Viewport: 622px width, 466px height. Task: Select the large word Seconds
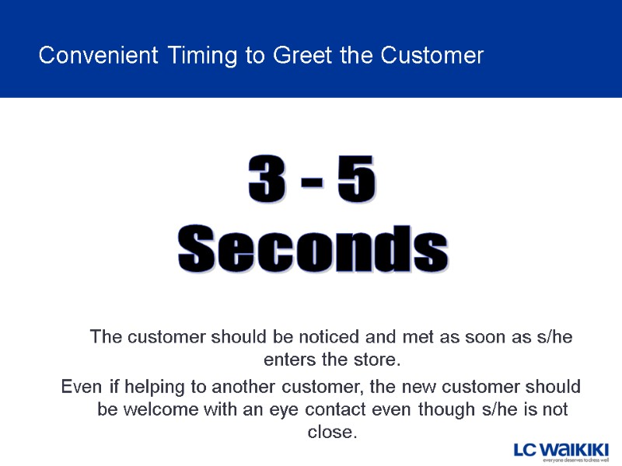[313, 249]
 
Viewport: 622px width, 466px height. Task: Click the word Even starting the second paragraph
[79, 387]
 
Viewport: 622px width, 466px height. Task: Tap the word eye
[282, 409]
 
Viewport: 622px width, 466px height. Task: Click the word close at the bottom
[330, 432]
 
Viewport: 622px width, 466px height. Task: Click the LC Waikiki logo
[561, 450]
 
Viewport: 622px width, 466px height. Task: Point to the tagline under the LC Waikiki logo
[575, 461]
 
